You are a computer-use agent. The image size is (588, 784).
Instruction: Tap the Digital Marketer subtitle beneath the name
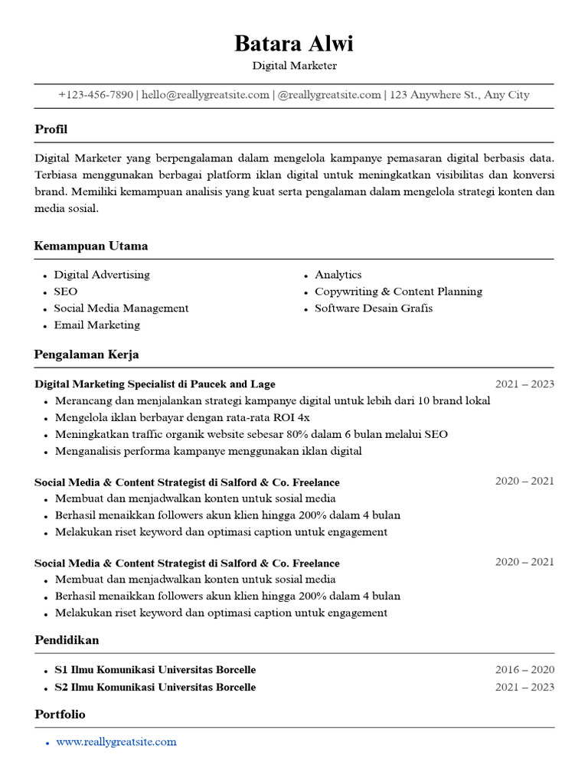click(x=294, y=66)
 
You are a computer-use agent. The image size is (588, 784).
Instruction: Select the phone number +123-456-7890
click(x=96, y=95)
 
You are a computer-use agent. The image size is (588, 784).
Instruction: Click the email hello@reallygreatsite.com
click(x=205, y=95)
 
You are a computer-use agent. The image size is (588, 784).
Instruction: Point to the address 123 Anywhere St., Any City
click(x=459, y=95)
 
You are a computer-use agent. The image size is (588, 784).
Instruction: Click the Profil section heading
click(x=51, y=129)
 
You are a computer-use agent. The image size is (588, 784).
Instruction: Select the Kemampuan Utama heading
click(x=91, y=246)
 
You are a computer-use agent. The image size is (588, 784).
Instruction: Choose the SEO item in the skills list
click(x=65, y=292)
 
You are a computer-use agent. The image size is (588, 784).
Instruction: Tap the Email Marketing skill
click(x=96, y=325)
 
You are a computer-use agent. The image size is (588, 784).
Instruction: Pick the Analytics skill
click(x=338, y=275)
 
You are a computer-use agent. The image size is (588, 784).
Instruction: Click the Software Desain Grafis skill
click(x=374, y=309)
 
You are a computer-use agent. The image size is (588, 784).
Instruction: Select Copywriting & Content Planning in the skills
click(x=398, y=292)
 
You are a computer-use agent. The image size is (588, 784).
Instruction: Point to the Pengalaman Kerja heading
click(x=87, y=354)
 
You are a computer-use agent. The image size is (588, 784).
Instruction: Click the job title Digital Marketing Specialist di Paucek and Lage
click(x=155, y=384)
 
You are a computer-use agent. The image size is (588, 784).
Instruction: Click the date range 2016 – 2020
click(x=524, y=670)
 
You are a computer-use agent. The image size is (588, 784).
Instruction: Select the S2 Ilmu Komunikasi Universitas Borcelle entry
click(x=155, y=688)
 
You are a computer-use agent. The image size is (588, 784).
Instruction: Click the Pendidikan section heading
click(x=67, y=639)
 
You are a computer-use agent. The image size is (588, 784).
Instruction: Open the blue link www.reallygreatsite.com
click(x=116, y=742)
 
